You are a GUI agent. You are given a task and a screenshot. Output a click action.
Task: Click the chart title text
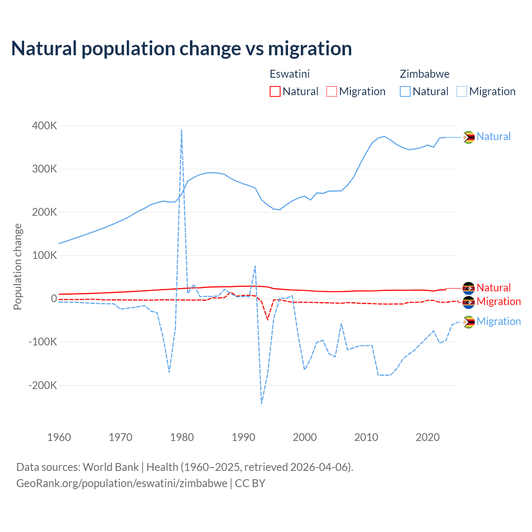(181, 49)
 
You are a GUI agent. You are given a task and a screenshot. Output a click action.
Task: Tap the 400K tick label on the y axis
(44, 126)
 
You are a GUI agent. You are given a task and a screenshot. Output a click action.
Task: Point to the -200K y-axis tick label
(43, 385)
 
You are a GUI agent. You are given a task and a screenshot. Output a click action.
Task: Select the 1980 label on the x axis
(182, 437)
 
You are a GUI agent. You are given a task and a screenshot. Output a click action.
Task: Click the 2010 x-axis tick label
(366, 437)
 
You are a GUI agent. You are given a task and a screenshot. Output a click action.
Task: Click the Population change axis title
(17, 266)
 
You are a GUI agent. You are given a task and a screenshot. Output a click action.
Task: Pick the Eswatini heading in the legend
(290, 74)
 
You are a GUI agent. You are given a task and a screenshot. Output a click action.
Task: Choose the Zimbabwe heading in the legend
(424, 74)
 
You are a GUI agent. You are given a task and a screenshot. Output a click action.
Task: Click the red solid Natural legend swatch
(275, 91)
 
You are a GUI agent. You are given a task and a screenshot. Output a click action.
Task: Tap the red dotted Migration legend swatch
(332, 91)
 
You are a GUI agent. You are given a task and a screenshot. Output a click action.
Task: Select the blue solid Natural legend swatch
(405, 91)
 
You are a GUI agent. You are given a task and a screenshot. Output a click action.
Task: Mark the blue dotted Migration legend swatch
(462, 91)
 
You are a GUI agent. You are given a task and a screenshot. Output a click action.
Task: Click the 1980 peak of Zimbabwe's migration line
(182, 130)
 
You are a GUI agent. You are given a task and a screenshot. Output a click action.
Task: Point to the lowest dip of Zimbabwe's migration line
(261, 403)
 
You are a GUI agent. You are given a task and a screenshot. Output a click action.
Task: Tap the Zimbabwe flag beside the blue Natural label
(469, 137)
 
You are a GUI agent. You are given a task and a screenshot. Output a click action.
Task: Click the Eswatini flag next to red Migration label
(469, 302)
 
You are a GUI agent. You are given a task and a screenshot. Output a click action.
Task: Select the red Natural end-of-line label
(493, 288)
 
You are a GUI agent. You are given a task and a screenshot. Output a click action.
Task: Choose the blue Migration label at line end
(498, 321)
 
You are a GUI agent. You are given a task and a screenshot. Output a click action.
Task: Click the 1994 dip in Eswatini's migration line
(268, 319)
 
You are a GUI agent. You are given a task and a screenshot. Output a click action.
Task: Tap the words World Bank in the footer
(111, 467)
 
